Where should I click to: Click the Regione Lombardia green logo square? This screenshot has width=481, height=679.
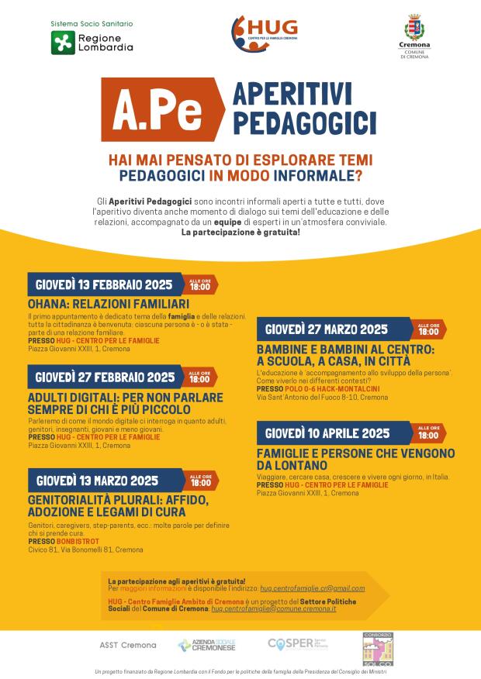(63, 43)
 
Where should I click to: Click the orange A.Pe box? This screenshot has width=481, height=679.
(160, 112)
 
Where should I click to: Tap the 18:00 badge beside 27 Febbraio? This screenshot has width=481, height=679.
(199, 377)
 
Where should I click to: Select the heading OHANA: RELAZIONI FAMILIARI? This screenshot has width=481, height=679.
(109, 303)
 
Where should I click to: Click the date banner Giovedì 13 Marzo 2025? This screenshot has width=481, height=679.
(97, 480)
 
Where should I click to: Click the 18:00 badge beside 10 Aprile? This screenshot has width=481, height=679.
(428, 433)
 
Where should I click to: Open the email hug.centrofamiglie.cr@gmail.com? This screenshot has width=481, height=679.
(312, 589)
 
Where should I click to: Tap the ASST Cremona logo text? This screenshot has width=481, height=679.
(128, 645)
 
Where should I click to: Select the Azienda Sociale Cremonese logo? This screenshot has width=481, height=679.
(206, 645)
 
